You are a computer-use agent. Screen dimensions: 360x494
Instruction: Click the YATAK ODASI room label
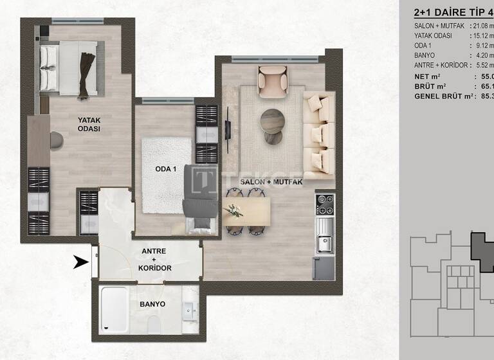(x=89, y=123)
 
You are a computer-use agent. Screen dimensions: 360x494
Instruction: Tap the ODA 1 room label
(x=166, y=169)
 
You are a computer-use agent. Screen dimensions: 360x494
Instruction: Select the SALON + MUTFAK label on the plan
(x=271, y=183)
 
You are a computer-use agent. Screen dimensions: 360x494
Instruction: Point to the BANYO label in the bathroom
(x=152, y=304)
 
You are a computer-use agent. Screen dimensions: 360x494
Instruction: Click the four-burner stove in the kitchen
(x=324, y=204)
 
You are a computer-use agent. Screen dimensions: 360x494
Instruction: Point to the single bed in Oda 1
(x=197, y=199)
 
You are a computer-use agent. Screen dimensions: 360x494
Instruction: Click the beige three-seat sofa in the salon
(x=318, y=137)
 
